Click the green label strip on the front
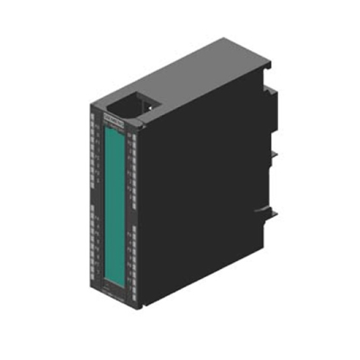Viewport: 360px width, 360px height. [x=115, y=197]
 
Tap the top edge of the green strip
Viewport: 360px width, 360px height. [x=112, y=129]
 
